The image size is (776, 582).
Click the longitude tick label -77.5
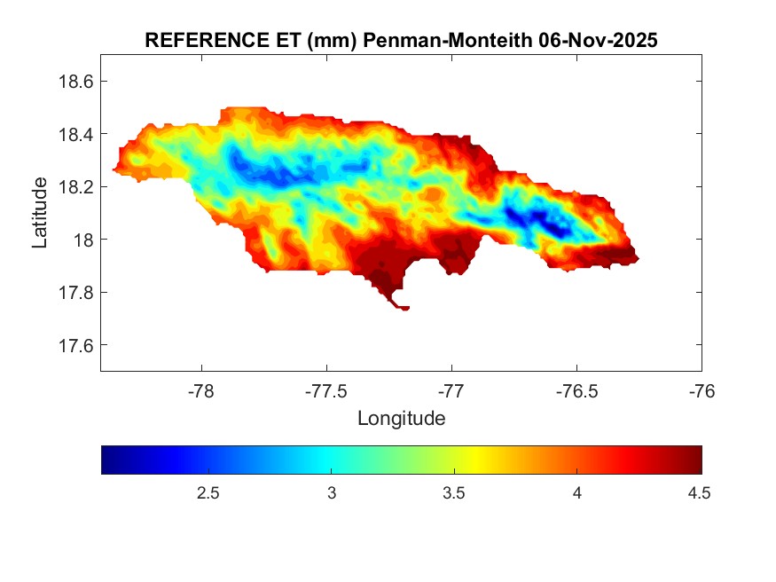(326, 390)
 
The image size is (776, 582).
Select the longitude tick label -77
(451, 390)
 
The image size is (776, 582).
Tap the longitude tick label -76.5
(576, 390)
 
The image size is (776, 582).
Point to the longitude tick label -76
(702, 390)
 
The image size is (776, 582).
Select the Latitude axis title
(40, 213)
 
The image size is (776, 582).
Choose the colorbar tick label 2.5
(208, 494)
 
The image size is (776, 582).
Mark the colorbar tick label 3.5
(454, 494)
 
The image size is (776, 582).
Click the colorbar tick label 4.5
(699, 494)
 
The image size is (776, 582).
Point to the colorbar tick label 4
(577, 494)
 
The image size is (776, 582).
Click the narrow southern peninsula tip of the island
(404, 308)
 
